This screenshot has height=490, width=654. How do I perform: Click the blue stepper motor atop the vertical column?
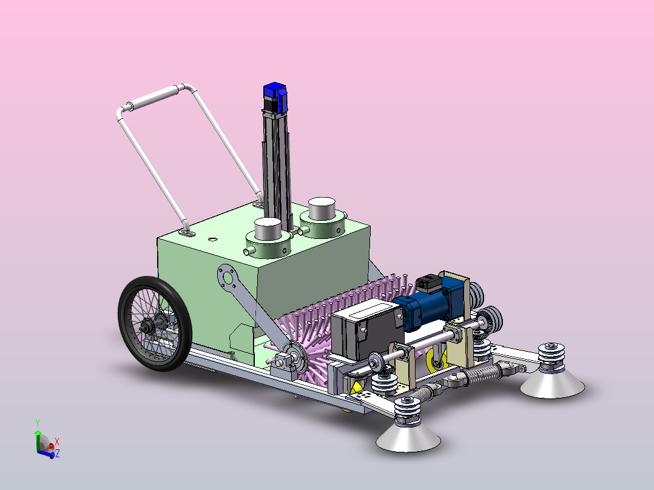[x=275, y=98]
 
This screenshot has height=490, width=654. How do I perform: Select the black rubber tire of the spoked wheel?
[x=155, y=324]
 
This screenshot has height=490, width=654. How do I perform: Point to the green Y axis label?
[x=38, y=423]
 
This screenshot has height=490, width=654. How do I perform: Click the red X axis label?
[x=57, y=441]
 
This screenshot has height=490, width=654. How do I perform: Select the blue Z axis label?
[x=57, y=453]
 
